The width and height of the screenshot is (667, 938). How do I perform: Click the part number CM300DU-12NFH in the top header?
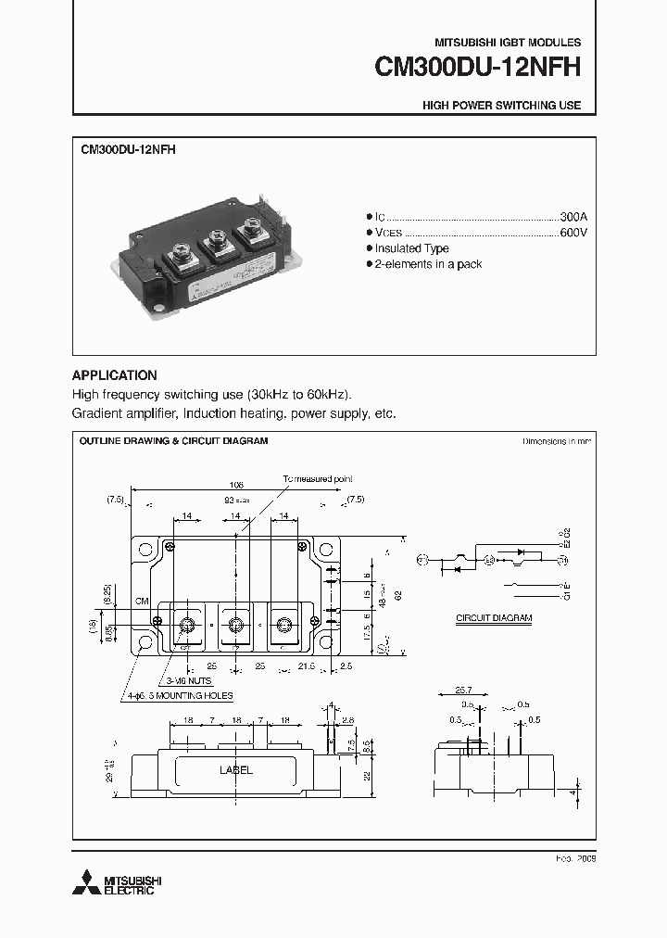coord(477,68)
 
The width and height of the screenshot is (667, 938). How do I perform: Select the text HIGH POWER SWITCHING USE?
coord(501,106)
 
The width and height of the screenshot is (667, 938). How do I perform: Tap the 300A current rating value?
coord(573,215)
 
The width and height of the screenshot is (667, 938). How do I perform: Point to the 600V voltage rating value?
coord(573,232)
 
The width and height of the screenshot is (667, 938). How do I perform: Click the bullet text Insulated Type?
coord(411,248)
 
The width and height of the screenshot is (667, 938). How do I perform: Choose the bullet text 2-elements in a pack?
coord(428,264)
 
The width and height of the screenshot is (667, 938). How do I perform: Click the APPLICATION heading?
coord(114,375)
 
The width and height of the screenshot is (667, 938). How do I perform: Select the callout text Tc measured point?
coord(318,479)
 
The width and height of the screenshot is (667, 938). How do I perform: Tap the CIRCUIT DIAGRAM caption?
coord(494,617)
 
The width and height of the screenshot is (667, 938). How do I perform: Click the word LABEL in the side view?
coord(235,770)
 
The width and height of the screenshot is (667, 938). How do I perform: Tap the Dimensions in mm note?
coord(556,442)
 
